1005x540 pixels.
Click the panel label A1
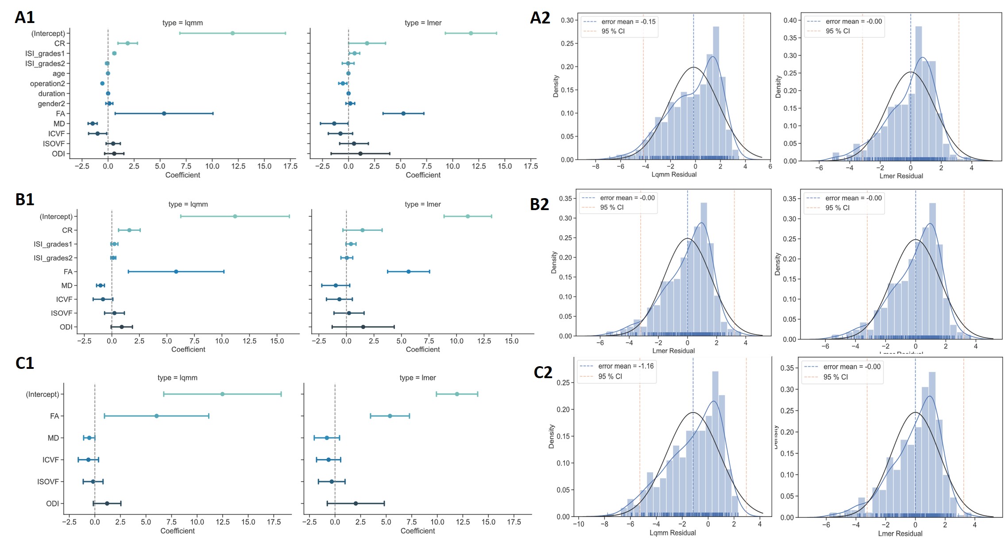coord(25,17)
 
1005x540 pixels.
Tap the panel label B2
coord(539,204)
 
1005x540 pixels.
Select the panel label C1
coord(25,363)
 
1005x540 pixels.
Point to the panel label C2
coord(543,372)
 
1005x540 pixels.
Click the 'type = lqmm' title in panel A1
coord(182,23)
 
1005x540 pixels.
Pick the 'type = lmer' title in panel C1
coord(417,378)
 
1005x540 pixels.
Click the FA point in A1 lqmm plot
coord(164,114)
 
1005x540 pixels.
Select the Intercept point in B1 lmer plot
coord(468,216)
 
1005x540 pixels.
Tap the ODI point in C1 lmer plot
coord(356,503)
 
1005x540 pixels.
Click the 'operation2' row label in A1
coord(47,84)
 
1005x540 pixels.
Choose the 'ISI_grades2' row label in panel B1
coord(53,258)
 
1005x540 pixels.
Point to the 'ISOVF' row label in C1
coord(48,482)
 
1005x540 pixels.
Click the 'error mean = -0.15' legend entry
coord(628,22)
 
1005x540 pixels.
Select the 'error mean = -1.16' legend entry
coord(626,366)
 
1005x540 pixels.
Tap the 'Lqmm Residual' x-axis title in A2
coord(674,175)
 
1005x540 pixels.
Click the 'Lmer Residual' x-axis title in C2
coord(900,534)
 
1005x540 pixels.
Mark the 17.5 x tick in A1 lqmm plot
coord(290,167)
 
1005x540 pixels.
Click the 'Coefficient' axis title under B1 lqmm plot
coord(188,350)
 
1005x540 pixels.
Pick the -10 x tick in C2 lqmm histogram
coord(578,525)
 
